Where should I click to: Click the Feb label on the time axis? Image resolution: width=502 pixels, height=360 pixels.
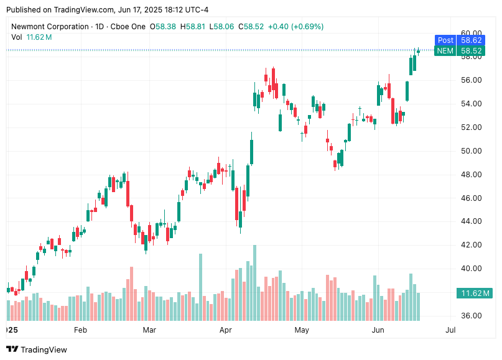[80, 330]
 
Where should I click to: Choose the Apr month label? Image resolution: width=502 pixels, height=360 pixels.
[225, 330]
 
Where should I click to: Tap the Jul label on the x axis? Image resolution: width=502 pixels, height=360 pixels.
[450, 330]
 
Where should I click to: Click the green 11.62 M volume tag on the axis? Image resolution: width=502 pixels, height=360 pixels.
[475, 293]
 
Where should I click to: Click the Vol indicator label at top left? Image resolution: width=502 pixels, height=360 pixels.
[17, 37]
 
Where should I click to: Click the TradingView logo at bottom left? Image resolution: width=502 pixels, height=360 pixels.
[37, 349]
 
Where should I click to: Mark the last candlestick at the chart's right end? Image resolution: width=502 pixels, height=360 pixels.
[418, 51]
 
